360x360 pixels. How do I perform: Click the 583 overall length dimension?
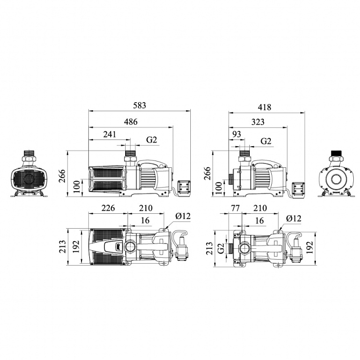[139, 105]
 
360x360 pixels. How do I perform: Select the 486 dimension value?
[131, 122]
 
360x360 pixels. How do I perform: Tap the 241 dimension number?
[110, 134]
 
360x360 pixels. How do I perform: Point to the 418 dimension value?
[265, 107]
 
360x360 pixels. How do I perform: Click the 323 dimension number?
[258, 122]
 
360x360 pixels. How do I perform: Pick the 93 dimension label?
[237, 134]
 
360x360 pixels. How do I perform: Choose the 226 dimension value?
[108, 208]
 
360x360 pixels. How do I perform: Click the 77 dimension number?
[235, 208]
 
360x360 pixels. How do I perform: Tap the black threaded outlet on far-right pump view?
[336, 153]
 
